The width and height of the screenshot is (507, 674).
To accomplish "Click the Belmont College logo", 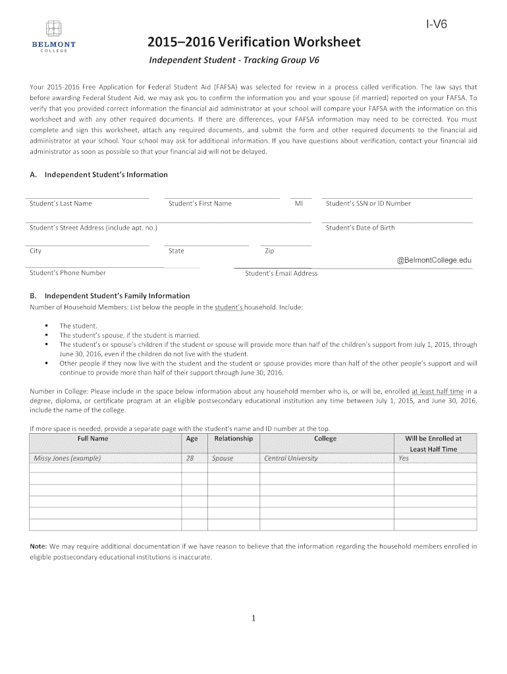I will [53, 37].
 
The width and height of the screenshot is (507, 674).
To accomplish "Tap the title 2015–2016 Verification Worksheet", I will [255, 43].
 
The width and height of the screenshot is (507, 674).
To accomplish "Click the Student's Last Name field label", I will [61, 203].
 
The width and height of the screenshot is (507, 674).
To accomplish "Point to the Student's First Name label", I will [200, 203].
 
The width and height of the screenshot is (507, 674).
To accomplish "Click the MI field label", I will [299, 203].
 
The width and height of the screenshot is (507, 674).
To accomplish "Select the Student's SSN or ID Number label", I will [368, 203].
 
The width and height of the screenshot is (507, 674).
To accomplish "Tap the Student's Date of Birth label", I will [360, 228].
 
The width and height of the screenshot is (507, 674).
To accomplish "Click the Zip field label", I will [269, 251].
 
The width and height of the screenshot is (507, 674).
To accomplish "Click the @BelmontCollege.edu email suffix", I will [434, 260].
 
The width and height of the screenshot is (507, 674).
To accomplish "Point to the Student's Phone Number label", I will [68, 272].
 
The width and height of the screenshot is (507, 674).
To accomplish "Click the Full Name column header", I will [93, 438].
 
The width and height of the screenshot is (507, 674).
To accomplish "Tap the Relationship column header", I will [233, 438].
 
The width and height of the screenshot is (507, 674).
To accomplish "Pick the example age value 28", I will [191, 459].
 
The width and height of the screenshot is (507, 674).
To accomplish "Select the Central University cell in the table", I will [290, 459].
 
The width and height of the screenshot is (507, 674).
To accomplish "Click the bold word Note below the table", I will [38, 546].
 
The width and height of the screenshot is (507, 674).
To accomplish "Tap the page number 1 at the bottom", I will [254, 618].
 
